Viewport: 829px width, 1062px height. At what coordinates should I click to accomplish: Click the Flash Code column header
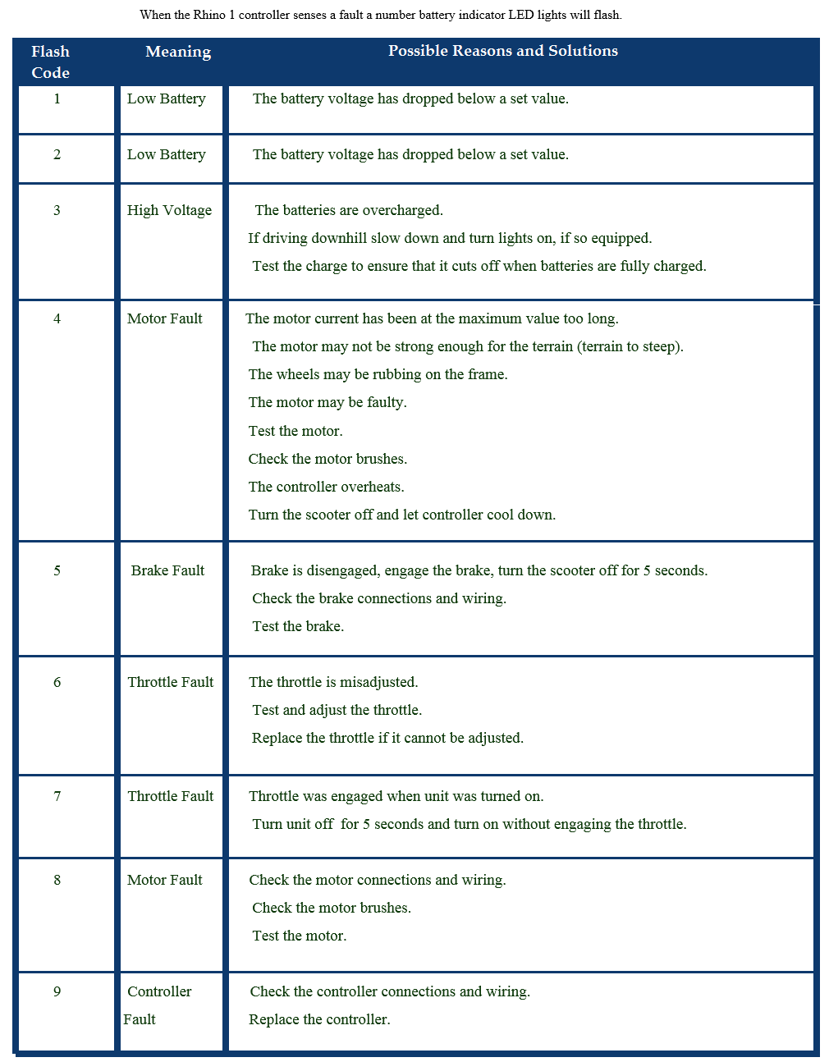50,62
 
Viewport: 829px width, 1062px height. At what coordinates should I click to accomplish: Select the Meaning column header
178,52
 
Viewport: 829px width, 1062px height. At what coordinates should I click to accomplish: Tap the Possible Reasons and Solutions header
502,51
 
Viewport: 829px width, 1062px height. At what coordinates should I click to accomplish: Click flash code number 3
57,210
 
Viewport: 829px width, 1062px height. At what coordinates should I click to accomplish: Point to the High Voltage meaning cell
169,210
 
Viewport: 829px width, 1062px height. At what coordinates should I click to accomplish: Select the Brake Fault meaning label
167,570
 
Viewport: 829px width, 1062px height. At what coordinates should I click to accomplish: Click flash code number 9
57,991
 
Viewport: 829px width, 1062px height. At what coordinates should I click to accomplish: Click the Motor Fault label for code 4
164,318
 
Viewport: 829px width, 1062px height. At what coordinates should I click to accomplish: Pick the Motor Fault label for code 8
164,880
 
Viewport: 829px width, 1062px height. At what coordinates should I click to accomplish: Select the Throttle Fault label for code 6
170,682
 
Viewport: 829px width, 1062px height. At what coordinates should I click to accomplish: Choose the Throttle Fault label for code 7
170,796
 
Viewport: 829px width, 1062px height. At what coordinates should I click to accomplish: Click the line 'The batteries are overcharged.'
349,210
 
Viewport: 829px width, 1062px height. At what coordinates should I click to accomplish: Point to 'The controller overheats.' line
326,487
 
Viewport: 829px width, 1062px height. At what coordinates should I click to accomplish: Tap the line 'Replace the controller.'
319,1019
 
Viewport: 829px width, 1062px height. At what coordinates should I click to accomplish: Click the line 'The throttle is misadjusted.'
333,682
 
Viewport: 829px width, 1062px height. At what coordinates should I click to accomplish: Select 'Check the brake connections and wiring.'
379,598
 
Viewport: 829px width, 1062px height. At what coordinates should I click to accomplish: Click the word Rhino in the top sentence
209,15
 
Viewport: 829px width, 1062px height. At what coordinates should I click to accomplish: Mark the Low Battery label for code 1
166,98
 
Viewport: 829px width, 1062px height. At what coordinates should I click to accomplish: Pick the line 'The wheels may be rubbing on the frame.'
378,374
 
